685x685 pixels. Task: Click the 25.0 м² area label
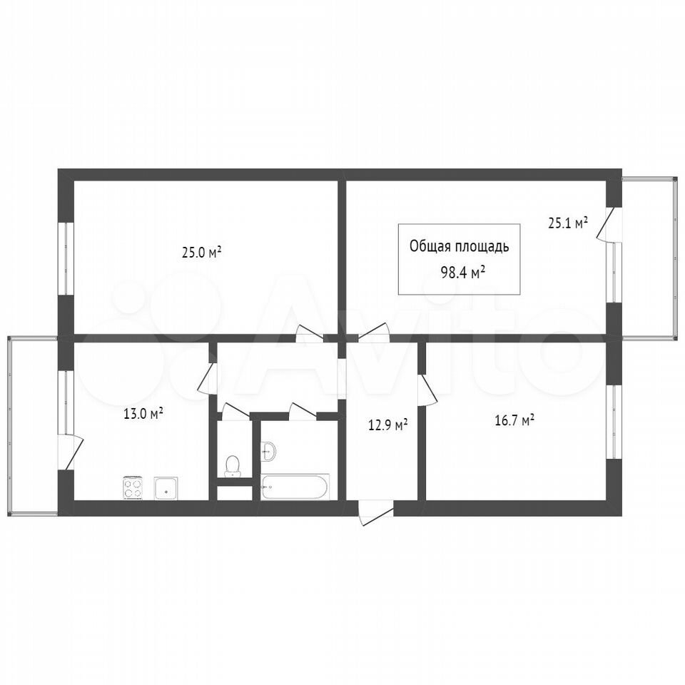tap(202, 252)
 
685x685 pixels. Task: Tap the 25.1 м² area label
tap(568, 223)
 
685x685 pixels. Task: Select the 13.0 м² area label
tap(143, 413)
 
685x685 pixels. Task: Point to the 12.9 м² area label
tap(388, 425)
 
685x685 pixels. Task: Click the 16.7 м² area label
tap(515, 421)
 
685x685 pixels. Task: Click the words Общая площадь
tap(459, 247)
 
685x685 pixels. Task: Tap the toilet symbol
tap(231, 466)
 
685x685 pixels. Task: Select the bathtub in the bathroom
tap(295, 487)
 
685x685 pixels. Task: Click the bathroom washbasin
tap(269, 451)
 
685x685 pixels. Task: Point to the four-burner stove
tap(133, 488)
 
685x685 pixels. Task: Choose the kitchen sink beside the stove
tap(166, 488)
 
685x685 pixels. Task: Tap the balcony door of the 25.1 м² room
tap(609, 224)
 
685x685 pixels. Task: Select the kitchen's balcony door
tap(71, 452)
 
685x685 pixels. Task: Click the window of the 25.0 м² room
tap(66, 258)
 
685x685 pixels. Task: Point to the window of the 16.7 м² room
tap(614, 421)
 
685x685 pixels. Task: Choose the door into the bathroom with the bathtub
tap(303, 412)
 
